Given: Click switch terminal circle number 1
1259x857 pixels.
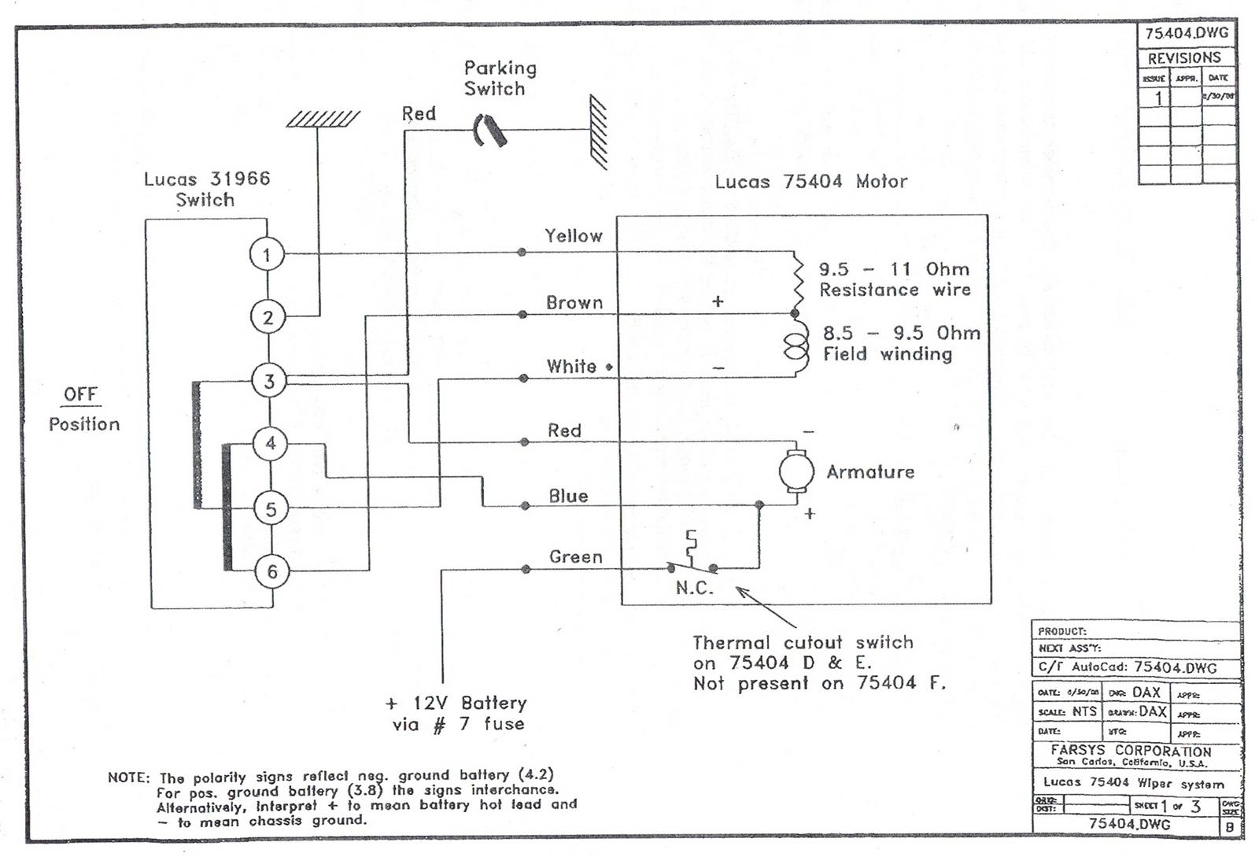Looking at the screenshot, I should tap(267, 254).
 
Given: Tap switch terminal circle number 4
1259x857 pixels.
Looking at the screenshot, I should tap(271, 443).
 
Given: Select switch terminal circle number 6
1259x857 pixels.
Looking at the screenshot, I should tap(272, 571).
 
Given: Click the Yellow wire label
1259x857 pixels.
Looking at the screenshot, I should tap(574, 235).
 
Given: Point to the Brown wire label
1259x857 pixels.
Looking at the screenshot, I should tap(574, 302).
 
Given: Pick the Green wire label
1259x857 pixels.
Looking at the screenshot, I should tap(575, 556).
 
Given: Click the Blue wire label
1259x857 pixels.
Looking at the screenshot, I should tap(568, 496).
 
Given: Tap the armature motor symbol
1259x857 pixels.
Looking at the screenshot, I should tap(796, 471).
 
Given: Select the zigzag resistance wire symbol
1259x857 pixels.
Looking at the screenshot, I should tap(796, 281).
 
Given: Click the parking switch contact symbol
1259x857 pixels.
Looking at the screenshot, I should tap(489, 131).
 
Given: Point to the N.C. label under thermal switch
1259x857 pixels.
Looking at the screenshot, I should tap(694, 588).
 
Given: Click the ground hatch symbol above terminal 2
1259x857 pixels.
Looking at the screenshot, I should tap(323, 119).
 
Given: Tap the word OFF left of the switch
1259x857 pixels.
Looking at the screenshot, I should tap(80, 393).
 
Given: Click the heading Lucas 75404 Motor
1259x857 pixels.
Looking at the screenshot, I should tap(810, 182).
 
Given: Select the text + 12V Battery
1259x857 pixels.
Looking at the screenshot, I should tap(456, 702).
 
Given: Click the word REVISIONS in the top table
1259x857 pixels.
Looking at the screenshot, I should tap(1183, 58).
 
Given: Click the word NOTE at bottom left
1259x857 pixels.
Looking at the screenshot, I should tap(127, 778).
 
